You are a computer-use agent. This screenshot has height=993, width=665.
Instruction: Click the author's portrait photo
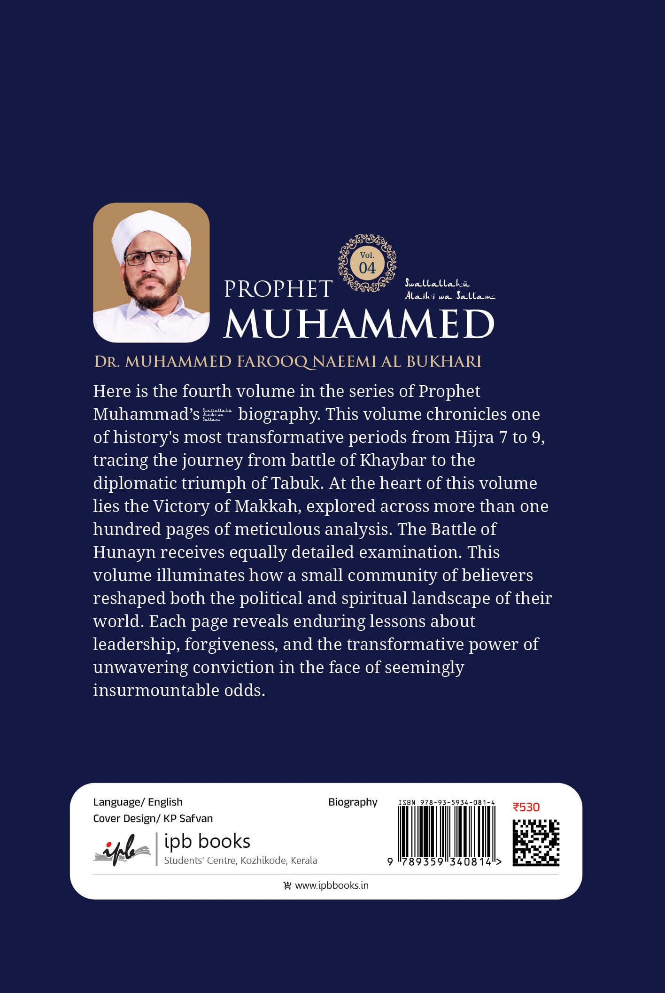point(151,272)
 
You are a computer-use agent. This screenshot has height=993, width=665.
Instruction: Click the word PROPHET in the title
point(278,289)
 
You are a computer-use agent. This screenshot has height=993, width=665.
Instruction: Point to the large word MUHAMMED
point(359,324)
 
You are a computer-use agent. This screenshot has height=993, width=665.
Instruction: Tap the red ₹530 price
point(526,807)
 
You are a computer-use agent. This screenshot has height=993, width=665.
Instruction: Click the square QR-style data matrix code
point(535,842)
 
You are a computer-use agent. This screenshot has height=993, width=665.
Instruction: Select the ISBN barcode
point(446,832)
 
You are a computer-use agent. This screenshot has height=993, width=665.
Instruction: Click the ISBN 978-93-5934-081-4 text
point(446,802)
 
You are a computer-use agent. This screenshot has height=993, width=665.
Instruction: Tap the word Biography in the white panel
point(353,802)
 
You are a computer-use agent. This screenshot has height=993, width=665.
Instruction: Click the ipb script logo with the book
point(122,849)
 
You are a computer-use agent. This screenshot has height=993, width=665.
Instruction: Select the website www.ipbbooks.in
point(332,885)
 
